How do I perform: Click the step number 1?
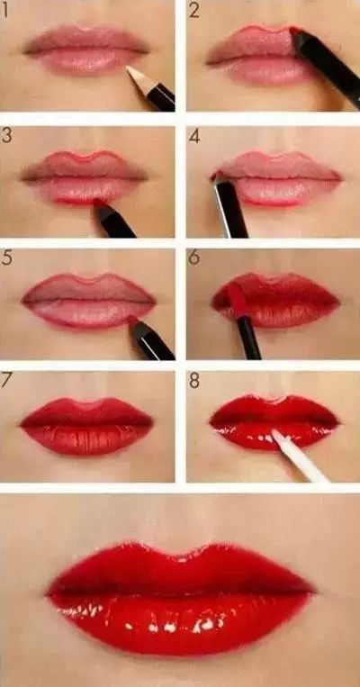(4, 10)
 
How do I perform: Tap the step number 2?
(194, 11)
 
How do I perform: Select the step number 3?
(6, 135)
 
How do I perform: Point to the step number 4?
(194, 136)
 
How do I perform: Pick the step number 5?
(6, 258)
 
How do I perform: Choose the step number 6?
(194, 258)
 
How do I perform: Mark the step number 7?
(6, 380)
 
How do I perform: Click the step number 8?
(194, 380)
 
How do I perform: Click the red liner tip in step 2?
(294, 32)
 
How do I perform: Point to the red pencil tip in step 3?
(99, 203)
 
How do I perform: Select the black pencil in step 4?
(230, 207)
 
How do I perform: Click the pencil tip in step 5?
(132, 321)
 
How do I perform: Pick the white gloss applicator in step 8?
(299, 456)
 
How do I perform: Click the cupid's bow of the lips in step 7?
(86, 404)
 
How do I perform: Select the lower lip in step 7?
(86, 439)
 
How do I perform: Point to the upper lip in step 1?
(86, 40)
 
